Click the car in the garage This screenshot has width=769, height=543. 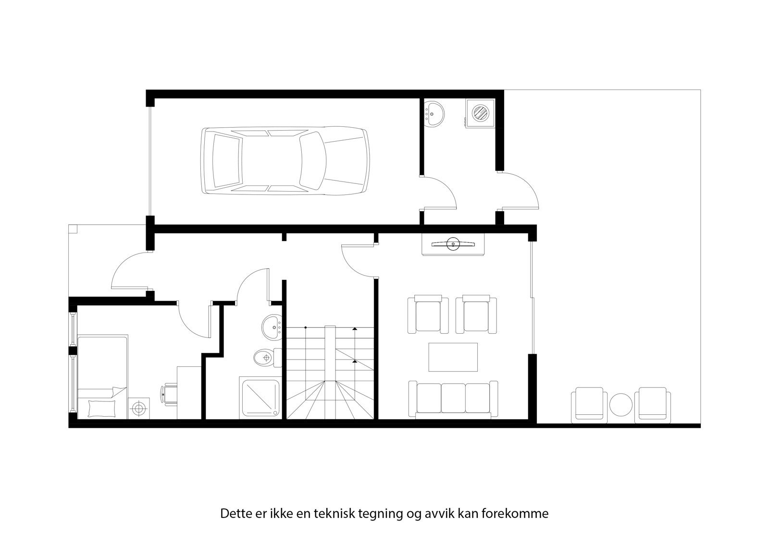(x=286, y=160)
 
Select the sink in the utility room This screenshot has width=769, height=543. (x=434, y=114)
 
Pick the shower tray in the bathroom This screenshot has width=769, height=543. (x=260, y=398)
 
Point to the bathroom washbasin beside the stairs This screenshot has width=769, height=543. (x=272, y=327)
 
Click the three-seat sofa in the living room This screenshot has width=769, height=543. (x=453, y=398)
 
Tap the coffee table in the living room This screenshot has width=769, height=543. (x=453, y=357)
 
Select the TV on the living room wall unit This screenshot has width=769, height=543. (x=453, y=244)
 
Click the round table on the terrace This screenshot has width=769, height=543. (x=621, y=405)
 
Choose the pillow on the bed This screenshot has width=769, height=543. (x=102, y=408)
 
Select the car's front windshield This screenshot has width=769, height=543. (x=312, y=160)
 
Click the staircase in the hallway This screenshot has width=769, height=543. (x=330, y=373)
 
